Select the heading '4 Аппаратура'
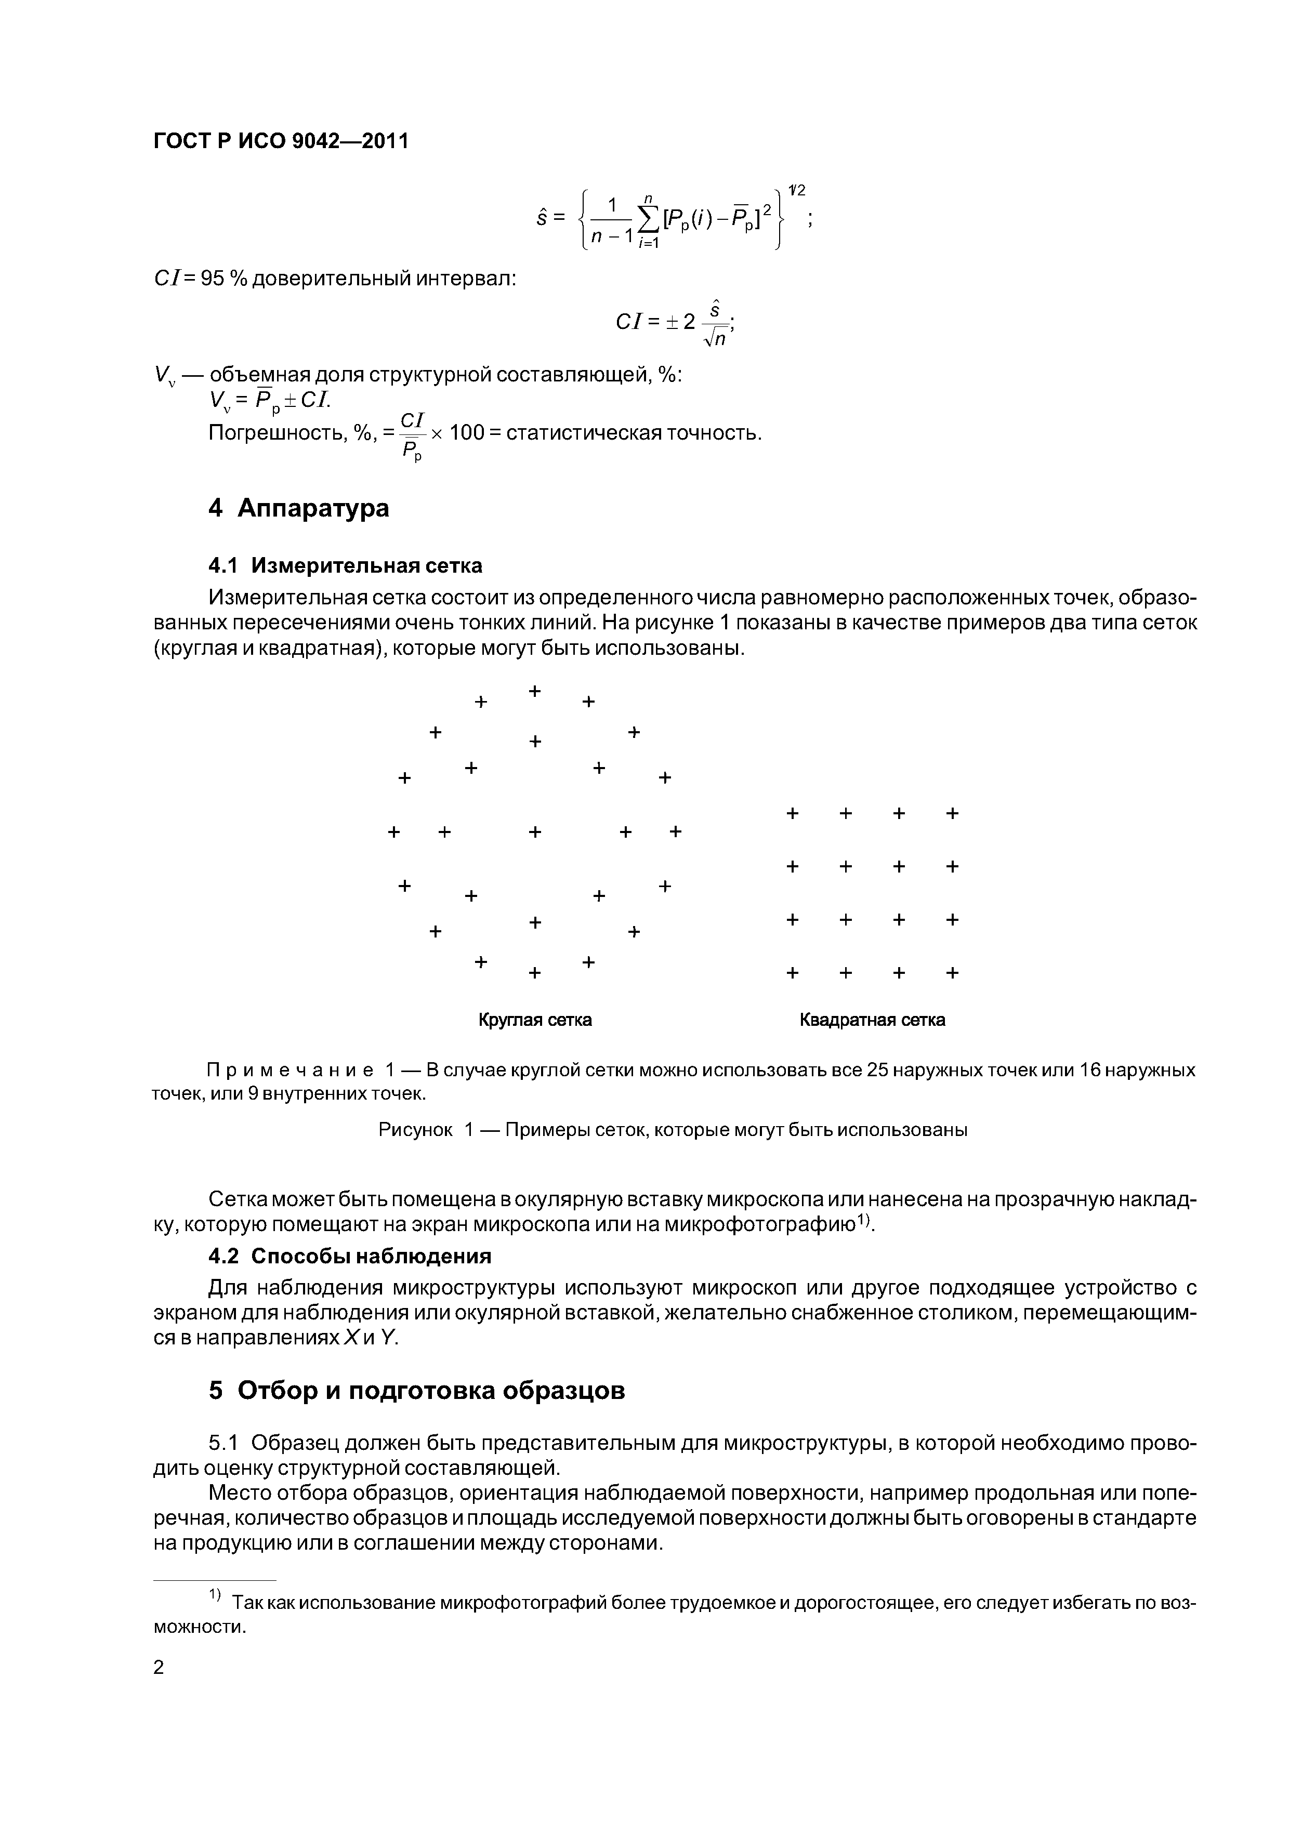[299, 508]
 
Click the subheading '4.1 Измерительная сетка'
[345, 565]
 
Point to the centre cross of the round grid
[534, 831]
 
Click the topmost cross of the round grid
[534, 691]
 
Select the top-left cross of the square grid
[792, 813]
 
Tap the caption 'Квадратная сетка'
[872, 1020]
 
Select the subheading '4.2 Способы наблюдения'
[349, 1256]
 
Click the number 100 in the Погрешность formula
[464, 433]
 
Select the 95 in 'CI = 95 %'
[213, 280]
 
